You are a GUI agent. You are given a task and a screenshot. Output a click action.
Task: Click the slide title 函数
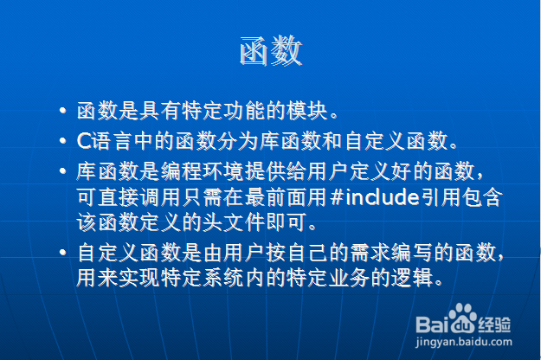271,51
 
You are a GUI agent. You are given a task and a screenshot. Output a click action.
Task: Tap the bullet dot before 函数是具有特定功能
63,111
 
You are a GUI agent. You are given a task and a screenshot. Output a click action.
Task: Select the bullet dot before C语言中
63,141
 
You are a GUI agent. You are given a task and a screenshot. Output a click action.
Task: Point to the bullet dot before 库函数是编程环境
63,171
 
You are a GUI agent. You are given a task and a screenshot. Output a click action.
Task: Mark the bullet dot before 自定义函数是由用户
63,253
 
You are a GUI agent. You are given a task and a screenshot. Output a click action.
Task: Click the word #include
375,197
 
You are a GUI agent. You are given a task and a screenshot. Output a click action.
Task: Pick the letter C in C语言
84,141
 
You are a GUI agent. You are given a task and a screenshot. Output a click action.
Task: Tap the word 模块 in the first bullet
307,111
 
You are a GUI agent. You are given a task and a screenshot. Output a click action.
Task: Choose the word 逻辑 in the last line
412,278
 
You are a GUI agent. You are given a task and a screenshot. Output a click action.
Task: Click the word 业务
350,278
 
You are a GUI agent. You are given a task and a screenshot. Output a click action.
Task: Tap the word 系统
223,278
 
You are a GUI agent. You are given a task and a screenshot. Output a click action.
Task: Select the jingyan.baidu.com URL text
464,342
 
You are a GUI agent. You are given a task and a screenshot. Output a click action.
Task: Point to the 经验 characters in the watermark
493,325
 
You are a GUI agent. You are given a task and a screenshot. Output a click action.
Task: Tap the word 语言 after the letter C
112,141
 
